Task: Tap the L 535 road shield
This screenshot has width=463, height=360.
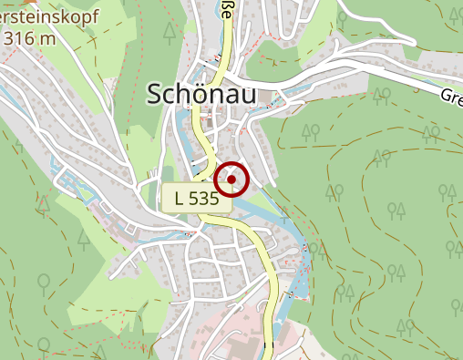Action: (x=196, y=198)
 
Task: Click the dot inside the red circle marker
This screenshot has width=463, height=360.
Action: (x=233, y=180)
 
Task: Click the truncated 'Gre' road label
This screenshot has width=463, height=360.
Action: (x=451, y=97)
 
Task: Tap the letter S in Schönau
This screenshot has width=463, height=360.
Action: (x=154, y=94)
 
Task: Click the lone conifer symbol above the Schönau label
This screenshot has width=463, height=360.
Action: (x=170, y=33)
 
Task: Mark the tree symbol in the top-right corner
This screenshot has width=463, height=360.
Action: (x=451, y=11)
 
